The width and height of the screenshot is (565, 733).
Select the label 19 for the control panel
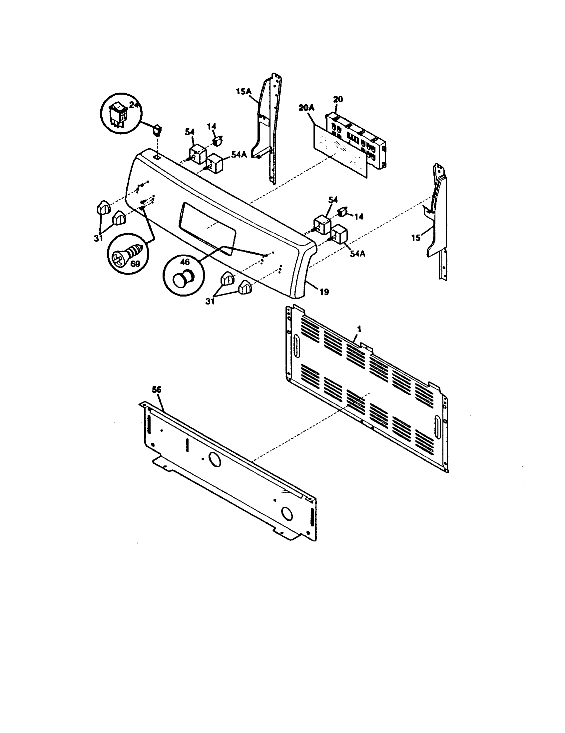point(324,292)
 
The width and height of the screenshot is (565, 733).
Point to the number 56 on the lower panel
point(156,390)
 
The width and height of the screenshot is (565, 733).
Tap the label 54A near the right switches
point(357,254)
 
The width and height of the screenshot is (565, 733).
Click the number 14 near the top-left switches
point(211,127)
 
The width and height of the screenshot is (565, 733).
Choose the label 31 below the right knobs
point(210,302)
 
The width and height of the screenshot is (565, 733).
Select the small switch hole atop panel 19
point(157,157)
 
